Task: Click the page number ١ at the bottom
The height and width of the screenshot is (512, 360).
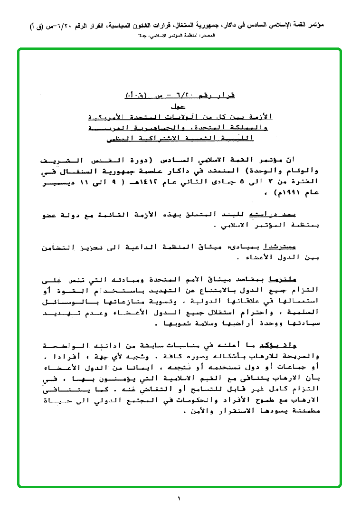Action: (180, 499)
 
